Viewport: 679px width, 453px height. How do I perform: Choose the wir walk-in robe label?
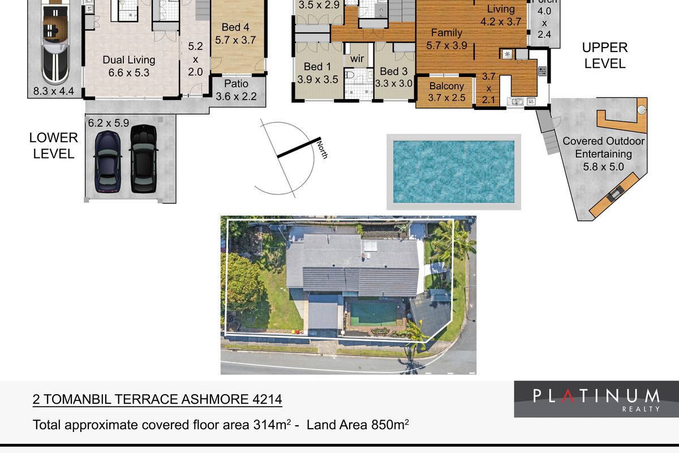point(357,59)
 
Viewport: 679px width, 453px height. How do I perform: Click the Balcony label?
point(446,87)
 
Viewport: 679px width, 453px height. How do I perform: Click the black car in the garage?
point(143,159)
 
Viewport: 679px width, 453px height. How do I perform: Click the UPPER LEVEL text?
point(605,55)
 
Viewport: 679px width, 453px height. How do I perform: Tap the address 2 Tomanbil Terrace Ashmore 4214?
point(157,400)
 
